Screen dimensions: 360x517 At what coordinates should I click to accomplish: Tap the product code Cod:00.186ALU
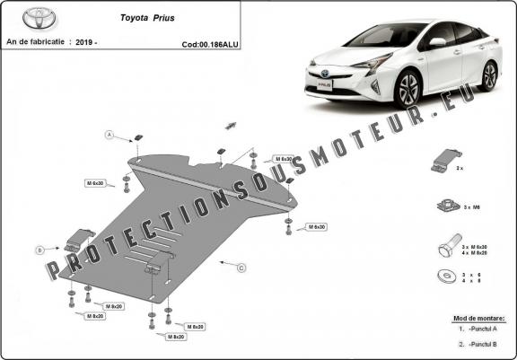[208, 43]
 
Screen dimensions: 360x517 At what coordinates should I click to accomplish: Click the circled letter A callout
[110, 135]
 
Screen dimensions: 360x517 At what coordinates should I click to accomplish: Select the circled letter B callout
[39, 249]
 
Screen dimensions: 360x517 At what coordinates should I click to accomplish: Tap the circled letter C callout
[241, 268]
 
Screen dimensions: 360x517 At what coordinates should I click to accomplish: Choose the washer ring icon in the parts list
[443, 277]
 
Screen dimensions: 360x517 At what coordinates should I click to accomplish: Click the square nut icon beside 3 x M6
[443, 205]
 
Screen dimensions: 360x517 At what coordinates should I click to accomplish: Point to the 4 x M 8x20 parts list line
[473, 252]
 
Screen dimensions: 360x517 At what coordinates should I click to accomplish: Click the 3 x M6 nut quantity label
[473, 207]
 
